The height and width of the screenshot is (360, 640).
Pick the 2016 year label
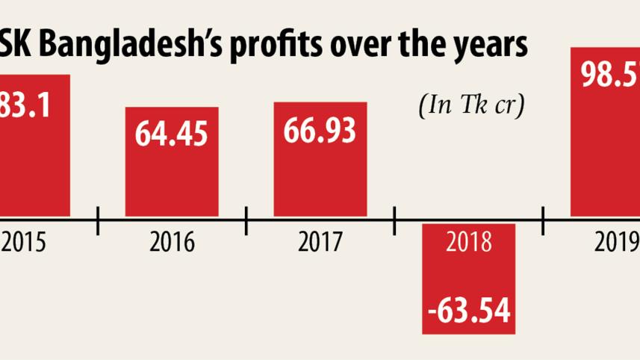171,243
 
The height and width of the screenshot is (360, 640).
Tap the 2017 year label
320,243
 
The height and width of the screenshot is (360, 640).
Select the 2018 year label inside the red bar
469,243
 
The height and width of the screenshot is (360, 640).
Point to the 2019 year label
616,243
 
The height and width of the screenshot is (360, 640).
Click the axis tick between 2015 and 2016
98,220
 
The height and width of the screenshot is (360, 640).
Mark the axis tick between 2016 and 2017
246,220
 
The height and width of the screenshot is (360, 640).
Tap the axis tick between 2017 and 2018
394,220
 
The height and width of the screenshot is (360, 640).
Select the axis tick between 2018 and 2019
542,220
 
